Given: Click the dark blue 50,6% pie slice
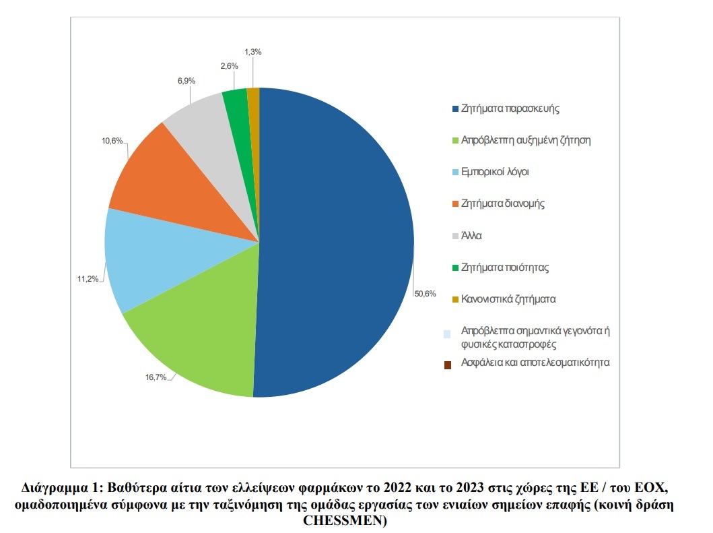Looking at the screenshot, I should [x=337, y=243].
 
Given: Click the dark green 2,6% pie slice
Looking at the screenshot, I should [x=236, y=101].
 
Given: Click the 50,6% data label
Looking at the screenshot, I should [x=425, y=294].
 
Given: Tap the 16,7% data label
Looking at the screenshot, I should [x=156, y=377].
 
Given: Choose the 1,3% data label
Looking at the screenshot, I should [x=253, y=51].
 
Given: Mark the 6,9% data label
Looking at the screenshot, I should [x=186, y=81].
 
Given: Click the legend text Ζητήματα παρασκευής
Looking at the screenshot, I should [x=510, y=108].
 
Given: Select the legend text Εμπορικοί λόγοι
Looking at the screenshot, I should [x=495, y=172].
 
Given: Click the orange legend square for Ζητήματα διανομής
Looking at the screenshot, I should [x=456, y=204].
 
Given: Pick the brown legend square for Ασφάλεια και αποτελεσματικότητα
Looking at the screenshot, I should [x=448, y=365].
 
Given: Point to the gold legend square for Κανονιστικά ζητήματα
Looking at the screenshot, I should [x=456, y=299].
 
